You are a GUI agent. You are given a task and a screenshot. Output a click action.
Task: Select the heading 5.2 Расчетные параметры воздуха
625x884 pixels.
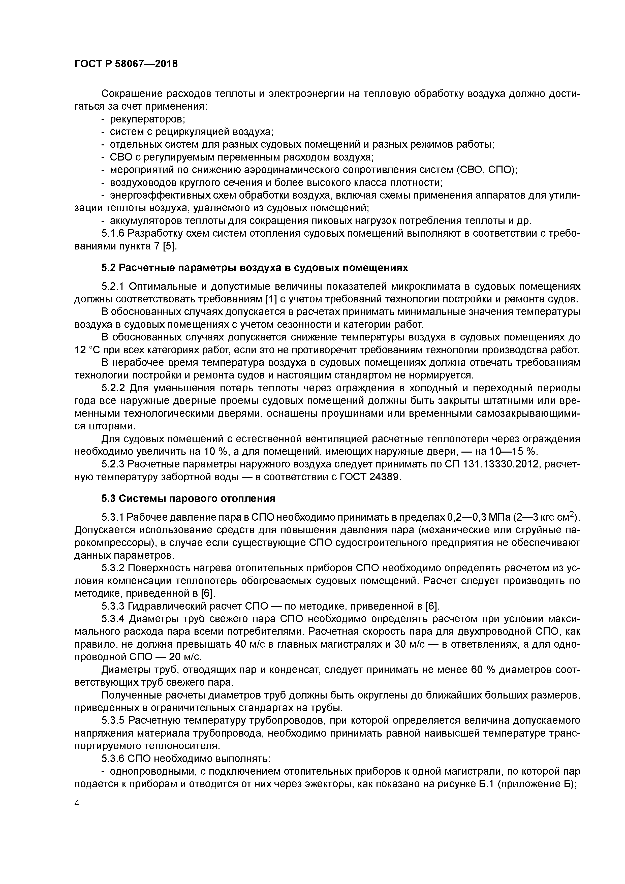(x=254, y=268)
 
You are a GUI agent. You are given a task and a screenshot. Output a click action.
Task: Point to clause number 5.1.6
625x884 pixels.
(x=113, y=234)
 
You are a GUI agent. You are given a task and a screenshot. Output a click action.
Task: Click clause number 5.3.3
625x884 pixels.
(x=113, y=606)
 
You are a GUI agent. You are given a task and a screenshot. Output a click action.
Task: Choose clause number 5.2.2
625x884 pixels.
(x=113, y=388)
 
